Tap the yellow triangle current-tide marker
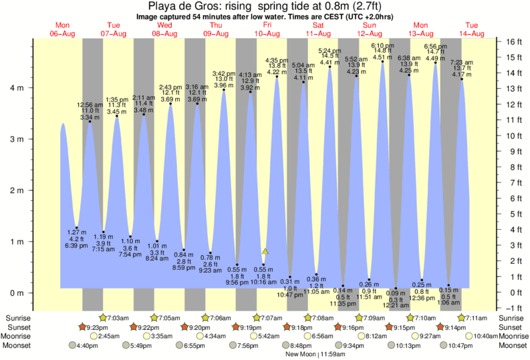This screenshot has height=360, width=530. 265,251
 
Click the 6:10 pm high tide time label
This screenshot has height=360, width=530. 382,45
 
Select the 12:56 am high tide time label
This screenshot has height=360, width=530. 90,104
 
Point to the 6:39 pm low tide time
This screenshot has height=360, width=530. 77,246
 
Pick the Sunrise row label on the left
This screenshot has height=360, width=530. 19,318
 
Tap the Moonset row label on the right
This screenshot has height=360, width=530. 511,345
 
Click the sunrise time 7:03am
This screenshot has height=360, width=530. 116,318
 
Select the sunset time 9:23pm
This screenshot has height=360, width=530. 96,327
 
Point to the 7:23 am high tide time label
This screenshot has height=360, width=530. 462,61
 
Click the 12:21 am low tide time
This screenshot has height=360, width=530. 394,306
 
